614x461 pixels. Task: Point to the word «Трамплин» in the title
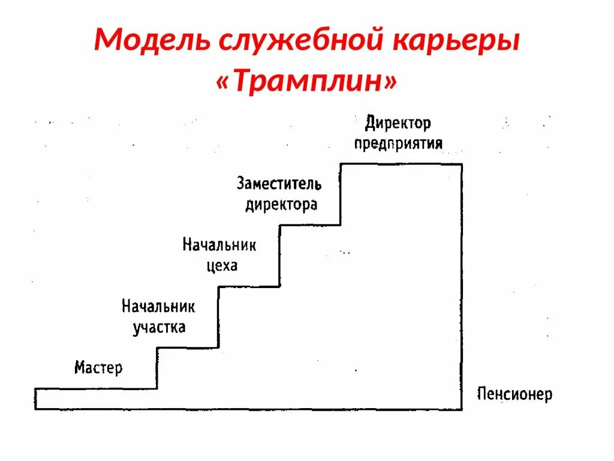(x=306, y=82)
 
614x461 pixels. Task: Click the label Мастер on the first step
(x=98, y=367)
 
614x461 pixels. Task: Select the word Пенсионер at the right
(x=514, y=394)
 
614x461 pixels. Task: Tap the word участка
(x=159, y=328)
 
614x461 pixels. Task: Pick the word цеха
(x=222, y=265)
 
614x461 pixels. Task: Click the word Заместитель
(x=279, y=183)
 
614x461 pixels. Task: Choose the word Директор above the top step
(x=398, y=124)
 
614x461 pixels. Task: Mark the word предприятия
(x=398, y=143)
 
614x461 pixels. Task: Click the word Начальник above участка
(x=158, y=307)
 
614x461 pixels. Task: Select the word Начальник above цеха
(x=219, y=245)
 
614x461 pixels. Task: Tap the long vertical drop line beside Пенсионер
(x=462, y=288)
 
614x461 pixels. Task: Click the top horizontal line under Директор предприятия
(x=401, y=164)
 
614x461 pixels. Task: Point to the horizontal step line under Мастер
(x=96, y=388)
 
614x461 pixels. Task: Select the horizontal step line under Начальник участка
(x=187, y=348)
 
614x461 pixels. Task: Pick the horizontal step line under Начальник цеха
(x=249, y=286)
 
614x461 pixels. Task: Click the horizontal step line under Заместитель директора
(x=310, y=225)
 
